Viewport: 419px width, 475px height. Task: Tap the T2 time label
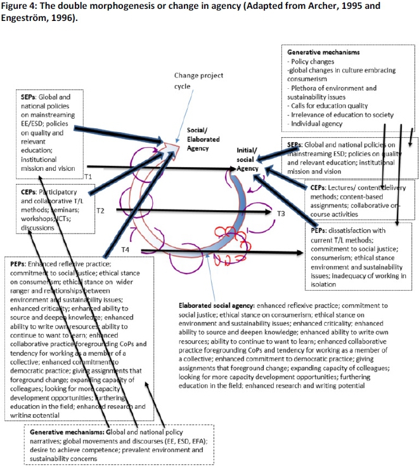[100, 210]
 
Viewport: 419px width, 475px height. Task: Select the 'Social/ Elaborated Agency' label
[202, 138]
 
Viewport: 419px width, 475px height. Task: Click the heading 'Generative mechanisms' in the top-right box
[324, 51]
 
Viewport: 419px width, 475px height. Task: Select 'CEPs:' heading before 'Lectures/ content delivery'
[318, 188]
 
